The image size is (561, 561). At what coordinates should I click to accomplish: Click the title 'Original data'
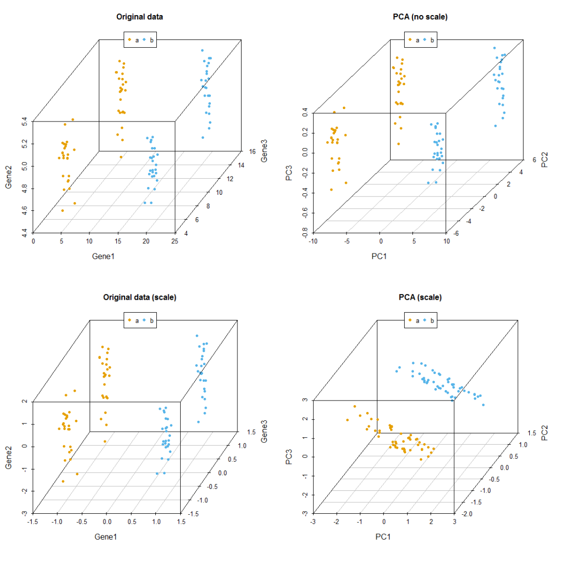tap(140, 17)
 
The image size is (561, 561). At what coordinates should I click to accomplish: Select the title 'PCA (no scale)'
tap(420, 17)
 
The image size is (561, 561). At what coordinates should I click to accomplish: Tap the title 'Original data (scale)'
tap(140, 298)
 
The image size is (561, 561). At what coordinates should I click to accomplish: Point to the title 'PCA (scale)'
tap(420, 298)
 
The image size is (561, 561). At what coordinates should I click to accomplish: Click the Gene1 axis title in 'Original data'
tap(104, 256)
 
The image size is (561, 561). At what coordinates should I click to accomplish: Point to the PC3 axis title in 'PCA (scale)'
tap(289, 457)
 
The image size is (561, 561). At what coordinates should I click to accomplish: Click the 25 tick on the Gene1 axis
tap(175, 242)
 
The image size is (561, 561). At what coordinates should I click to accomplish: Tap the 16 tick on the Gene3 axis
tap(251, 152)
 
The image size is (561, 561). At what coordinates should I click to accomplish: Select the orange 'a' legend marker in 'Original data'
tap(130, 39)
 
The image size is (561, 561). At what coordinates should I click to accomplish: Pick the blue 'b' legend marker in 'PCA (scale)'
tap(425, 320)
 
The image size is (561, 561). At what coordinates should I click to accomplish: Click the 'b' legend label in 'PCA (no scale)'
tap(432, 39)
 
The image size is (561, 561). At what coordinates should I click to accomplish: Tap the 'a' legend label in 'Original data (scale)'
tap(137, 320)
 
